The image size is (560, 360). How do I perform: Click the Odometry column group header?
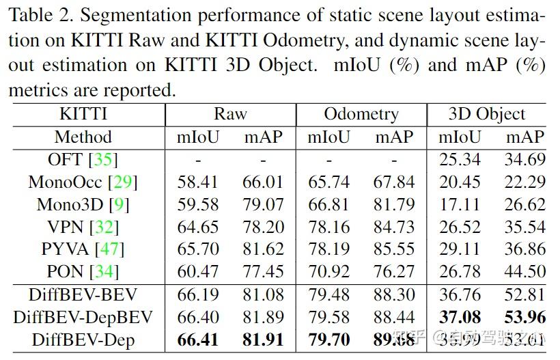coord(361,114)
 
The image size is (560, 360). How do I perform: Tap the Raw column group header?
coord(230,114)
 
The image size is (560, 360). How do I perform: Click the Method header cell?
coord(83,137)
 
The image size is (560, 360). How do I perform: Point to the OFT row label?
coord(66,159)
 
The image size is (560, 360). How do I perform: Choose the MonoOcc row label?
coord(66,182)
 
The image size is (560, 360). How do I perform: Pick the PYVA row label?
coord(64,249)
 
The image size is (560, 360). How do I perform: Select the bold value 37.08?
coord(459,317)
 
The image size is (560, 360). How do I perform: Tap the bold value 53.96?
coord(525,317)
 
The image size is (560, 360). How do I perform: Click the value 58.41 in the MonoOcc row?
coord(198,182)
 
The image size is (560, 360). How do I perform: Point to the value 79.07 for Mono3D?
coord(263,204)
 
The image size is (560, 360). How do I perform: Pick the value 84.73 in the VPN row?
coord(394,227)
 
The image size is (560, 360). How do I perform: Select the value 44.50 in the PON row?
coord(525,271)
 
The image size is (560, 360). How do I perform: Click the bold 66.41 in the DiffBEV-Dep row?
coord(198,340)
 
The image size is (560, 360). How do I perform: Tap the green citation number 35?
coord(104,159)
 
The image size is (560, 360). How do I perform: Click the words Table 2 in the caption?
coord(40,15)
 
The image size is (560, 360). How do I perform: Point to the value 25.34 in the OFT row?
coord(459,159)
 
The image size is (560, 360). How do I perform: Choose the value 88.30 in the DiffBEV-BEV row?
coord(394,294)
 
